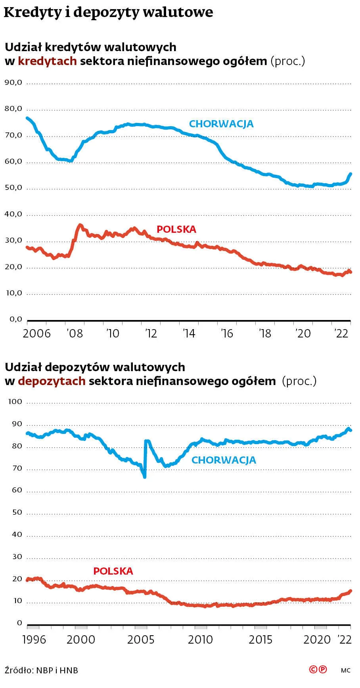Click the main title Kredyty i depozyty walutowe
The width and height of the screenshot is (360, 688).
pyautogui.click(x=108, y=13)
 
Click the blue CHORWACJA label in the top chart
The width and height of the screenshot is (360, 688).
pyautogui.click(x=221, y=124)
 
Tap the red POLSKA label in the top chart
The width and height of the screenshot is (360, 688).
pyautogui.click(x=176, y=229)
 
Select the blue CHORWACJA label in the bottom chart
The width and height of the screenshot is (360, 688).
pyautogui.click(x=224, y=460)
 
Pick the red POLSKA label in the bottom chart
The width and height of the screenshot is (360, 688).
pyautogui.click(x=113, y=571)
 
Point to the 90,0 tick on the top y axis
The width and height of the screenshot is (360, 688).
pyautogui.click(x=13, y=83)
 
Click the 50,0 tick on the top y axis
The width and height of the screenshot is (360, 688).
pyautogui.click(x=13, y=188)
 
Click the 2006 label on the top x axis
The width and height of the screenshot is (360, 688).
pyautogui.click(x=37, y=333)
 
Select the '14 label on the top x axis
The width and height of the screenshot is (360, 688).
pyautogui.click(x=189, y=333)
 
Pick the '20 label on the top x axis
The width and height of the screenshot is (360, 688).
pyautogui.click(x=303, y=333)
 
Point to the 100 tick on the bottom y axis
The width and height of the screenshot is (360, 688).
pyautogui.click(x=15, y=402)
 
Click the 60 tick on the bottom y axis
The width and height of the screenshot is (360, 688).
pyautogui.click(x=17, y=490)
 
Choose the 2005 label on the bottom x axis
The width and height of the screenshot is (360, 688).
pyautogui.click(x=141, y=640)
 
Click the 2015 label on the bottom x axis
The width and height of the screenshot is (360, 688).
pyautogui.click(x=260, y=640)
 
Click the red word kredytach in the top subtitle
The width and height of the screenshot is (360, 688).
pyautogui.click(x=48, y=61)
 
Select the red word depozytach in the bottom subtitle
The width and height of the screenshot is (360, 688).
pyautogui.click(x=52, y=381)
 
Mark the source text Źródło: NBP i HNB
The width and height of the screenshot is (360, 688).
pyautogui.click(x=41, y=670)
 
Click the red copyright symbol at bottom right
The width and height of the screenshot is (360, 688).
pyautogui.click(x=313, y=669)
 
